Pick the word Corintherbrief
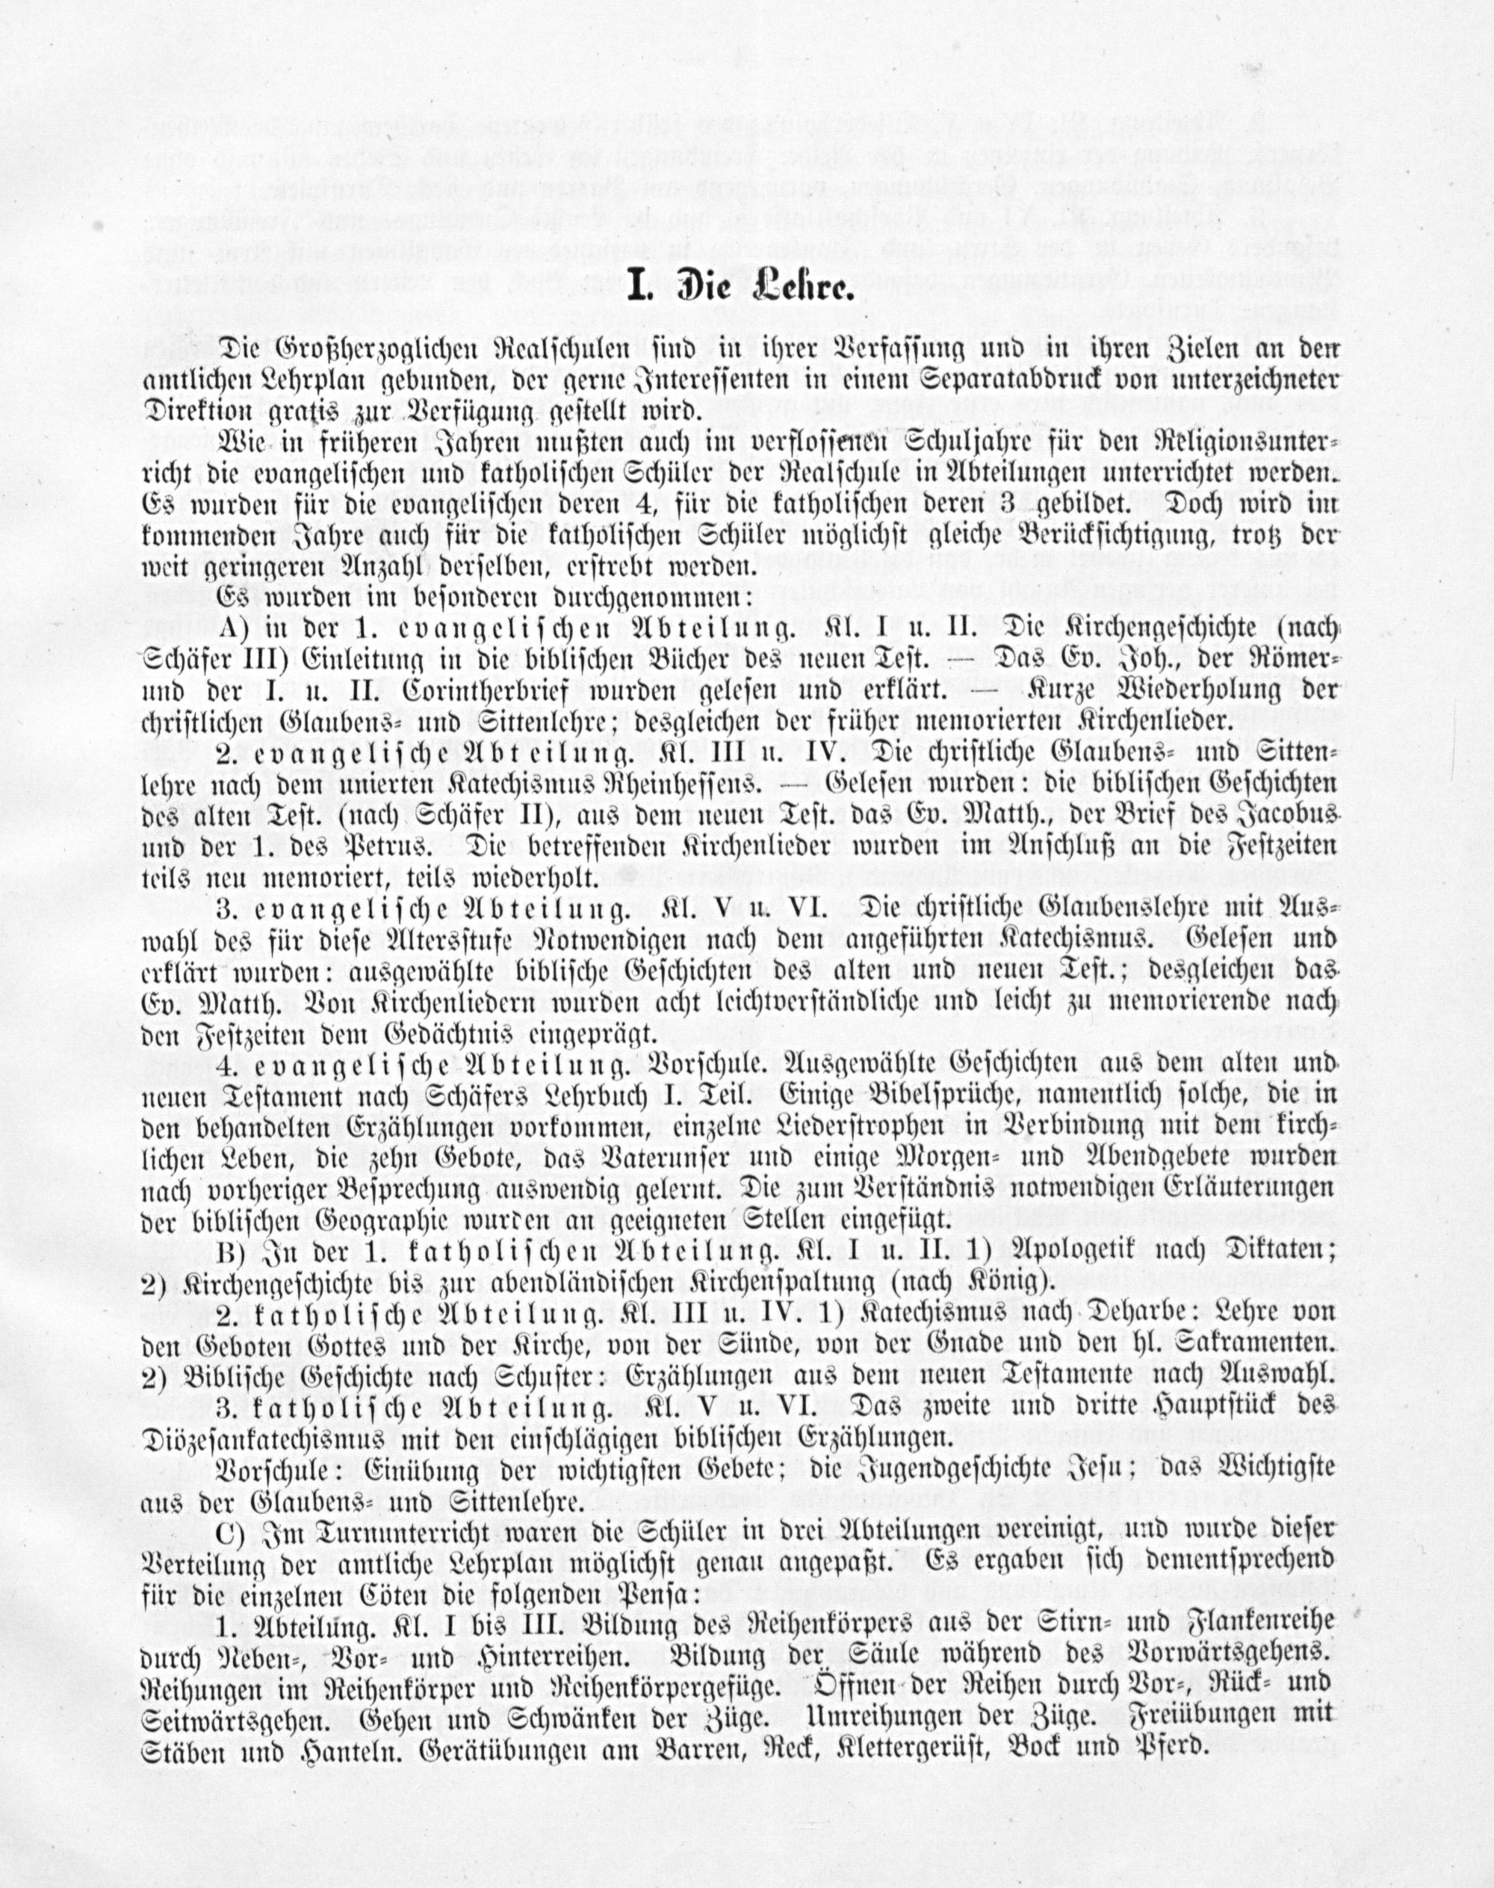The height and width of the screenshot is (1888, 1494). tap(485, 689)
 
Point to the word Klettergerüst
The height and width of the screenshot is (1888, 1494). tap(906, 1749)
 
